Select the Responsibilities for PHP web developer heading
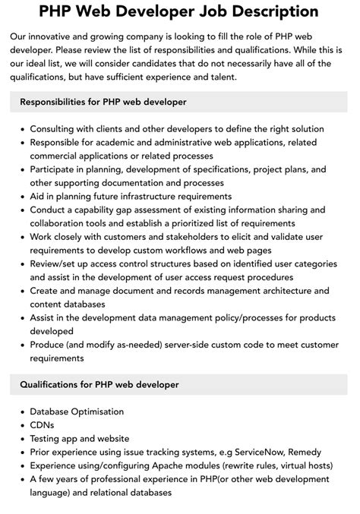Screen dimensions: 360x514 103,102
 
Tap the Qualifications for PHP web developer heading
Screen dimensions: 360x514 99,385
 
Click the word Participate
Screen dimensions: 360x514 58,169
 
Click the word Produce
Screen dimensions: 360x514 51,345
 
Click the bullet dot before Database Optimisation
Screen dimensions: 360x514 21,412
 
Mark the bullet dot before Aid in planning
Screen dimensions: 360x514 21,197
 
